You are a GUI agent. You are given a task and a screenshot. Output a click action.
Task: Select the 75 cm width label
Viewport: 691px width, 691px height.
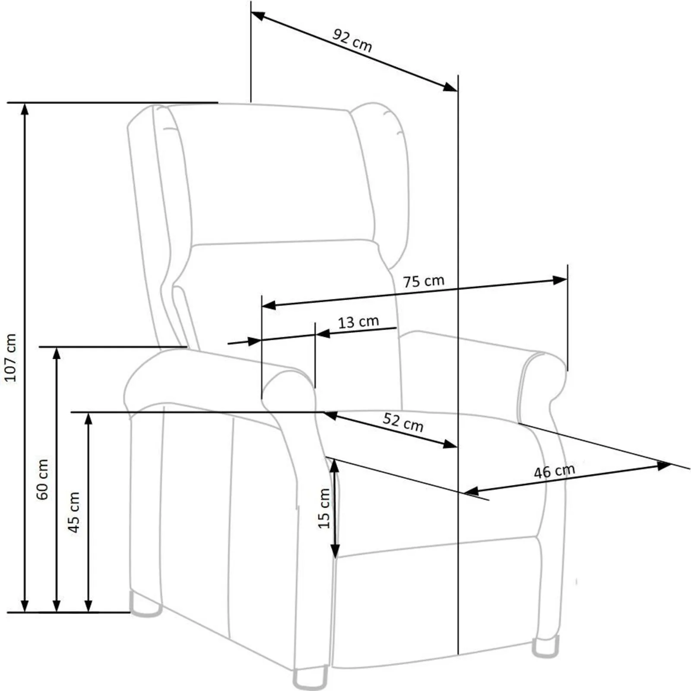tap(424, 281)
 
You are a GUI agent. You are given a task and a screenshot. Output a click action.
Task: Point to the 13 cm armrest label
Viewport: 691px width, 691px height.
tap(358, 322)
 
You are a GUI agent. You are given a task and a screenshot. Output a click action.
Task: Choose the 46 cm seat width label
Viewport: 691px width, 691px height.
tap(555, 471)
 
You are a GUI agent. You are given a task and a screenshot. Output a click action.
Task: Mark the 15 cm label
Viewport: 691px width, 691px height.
tap(324, 508)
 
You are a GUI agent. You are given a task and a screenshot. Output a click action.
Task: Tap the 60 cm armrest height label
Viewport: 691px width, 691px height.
tap(42, 479)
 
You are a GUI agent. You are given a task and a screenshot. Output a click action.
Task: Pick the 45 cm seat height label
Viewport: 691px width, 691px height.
tap(74, 512)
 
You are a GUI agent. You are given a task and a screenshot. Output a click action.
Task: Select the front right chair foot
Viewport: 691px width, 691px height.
tap(545, 647)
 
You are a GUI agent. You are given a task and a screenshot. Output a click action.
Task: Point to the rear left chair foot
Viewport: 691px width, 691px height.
tap(146, 604)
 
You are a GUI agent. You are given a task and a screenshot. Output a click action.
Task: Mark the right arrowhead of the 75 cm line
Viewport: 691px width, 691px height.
tap(560, 280)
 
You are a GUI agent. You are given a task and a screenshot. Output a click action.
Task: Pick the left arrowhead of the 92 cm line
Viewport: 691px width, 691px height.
tap(258, 16)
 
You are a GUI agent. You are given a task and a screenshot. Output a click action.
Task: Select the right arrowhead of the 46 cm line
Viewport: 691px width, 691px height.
tap(664, 466)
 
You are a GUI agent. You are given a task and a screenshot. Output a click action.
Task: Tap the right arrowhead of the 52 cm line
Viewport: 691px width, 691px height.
tap(450, 444)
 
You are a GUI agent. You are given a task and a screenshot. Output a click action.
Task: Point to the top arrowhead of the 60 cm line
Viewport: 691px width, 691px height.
tap(57, 354)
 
